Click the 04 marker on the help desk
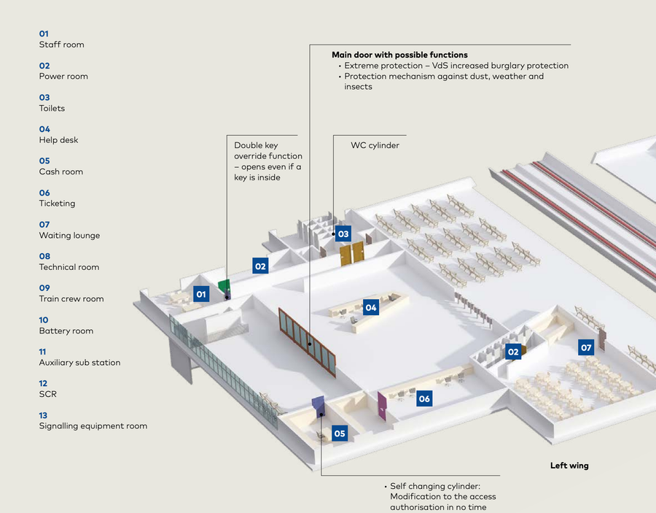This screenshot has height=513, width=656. pyautogui.click(x=371, y=308)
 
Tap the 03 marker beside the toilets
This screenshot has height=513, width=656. pyautogui.click(x=343, y=234)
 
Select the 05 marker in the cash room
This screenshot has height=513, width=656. pyautogui.click(x=340, y=433)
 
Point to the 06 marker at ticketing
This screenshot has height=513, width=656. pyautogui.click(x=424, y=399)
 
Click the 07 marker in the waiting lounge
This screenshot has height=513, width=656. pyautogui.click(x=586, y=348)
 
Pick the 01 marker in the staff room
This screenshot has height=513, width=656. pyautogui.click(x=202, y=294)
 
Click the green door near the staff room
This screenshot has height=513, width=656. pyautogui.click(x=224, y=287)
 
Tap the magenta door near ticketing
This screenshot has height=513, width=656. pyautogui.click(x=382, y=406)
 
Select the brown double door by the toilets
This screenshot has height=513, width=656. pyautogui.click(x=352, y=254)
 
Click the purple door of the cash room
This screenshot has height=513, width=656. pyautogui.click(x=318, y=406)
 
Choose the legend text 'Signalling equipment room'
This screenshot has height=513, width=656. pyautogui.click(x=93, y=426)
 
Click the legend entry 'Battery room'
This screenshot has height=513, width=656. pyautogui.click(x=66, y=331)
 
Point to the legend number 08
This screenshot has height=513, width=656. pyautogui.click(x=44, y=256)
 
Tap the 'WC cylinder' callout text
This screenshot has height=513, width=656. pyautogui.click(x=375, y=146)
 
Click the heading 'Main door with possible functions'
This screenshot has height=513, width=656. pyautogui.click(x=399, y=55)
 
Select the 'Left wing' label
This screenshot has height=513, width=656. pyautogui.click(x=569, y=466)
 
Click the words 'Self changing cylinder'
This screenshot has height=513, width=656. pyautogui.click(x=435, y=486)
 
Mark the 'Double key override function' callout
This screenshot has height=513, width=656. pyautogui.click(x=268, y=156)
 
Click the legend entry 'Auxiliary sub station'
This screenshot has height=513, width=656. pyautogui.click(x=79, y=363)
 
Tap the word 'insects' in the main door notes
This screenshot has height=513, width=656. pyautogui.click(x=358, y=87)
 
